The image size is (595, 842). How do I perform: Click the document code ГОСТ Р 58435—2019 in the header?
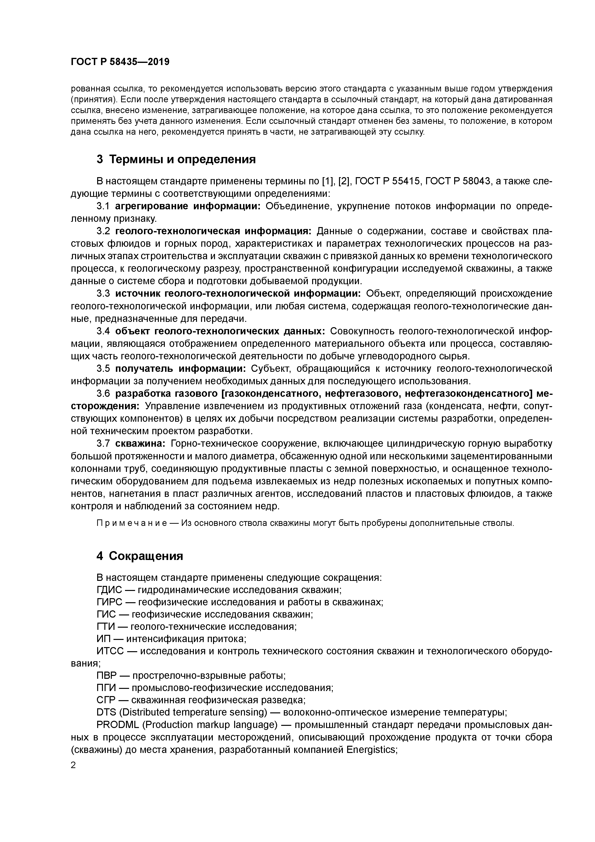(120, 62)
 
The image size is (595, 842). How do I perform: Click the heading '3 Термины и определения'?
(176, 159)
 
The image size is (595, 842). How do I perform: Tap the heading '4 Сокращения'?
(140, 556)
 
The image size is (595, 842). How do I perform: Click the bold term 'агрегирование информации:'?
(187, 206)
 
